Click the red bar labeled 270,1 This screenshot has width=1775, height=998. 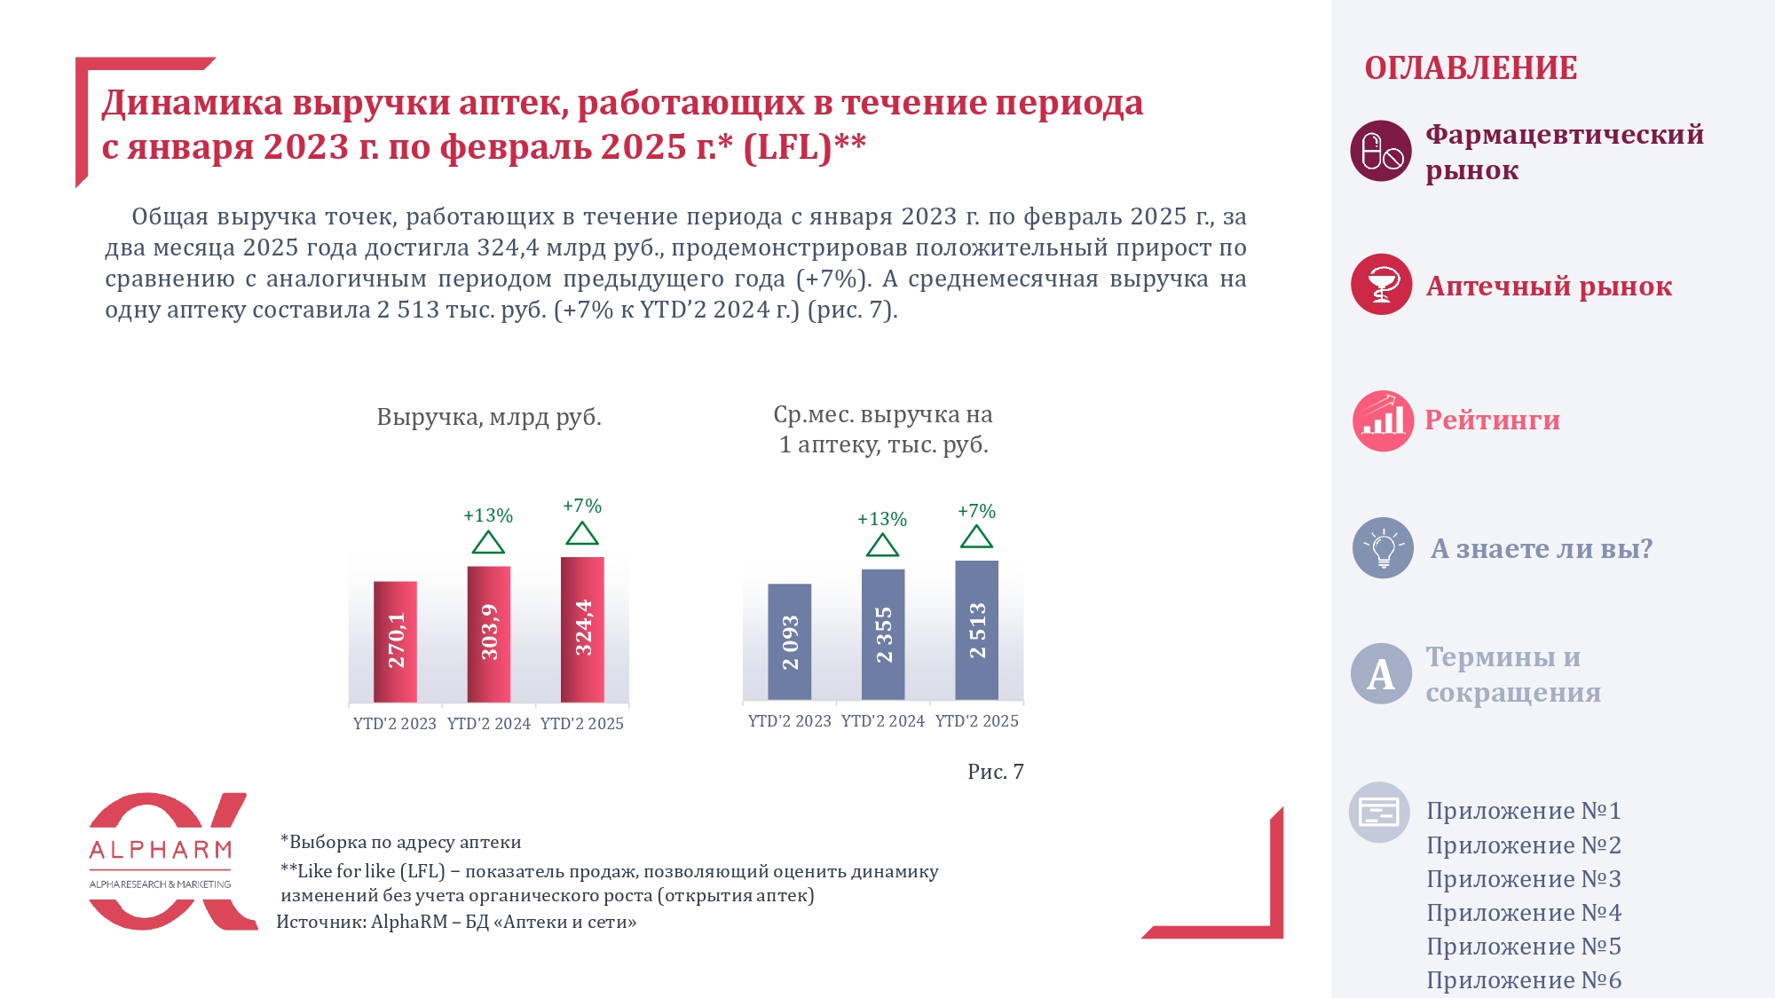point(395,640)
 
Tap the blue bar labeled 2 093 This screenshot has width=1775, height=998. point(789,641)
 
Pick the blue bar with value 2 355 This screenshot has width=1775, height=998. point(883,633)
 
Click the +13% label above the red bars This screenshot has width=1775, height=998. point(488,515)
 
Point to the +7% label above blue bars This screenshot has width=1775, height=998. point(976,511)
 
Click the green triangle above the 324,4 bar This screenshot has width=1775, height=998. point(582,534)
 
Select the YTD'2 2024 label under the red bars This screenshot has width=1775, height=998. point(488,724)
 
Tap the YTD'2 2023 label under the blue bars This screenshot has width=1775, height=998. point(789,721)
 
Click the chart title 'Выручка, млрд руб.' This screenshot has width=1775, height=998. point(489,417)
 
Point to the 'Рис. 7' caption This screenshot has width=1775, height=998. point(995,772)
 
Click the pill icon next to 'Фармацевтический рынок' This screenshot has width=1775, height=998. point(1381,151)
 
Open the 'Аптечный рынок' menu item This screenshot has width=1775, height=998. point(1549,286)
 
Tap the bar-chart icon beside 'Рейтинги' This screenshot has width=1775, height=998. point(1382,420)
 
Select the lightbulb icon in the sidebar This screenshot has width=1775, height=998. point(1383,548)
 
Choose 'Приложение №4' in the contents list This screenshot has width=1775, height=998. point(1523,913)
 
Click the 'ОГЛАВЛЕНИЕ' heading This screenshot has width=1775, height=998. point(1471,68)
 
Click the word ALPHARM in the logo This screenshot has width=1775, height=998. point(161,850)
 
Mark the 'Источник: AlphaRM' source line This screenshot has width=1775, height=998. point(456,922)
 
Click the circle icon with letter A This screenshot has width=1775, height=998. point(1381,674)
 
